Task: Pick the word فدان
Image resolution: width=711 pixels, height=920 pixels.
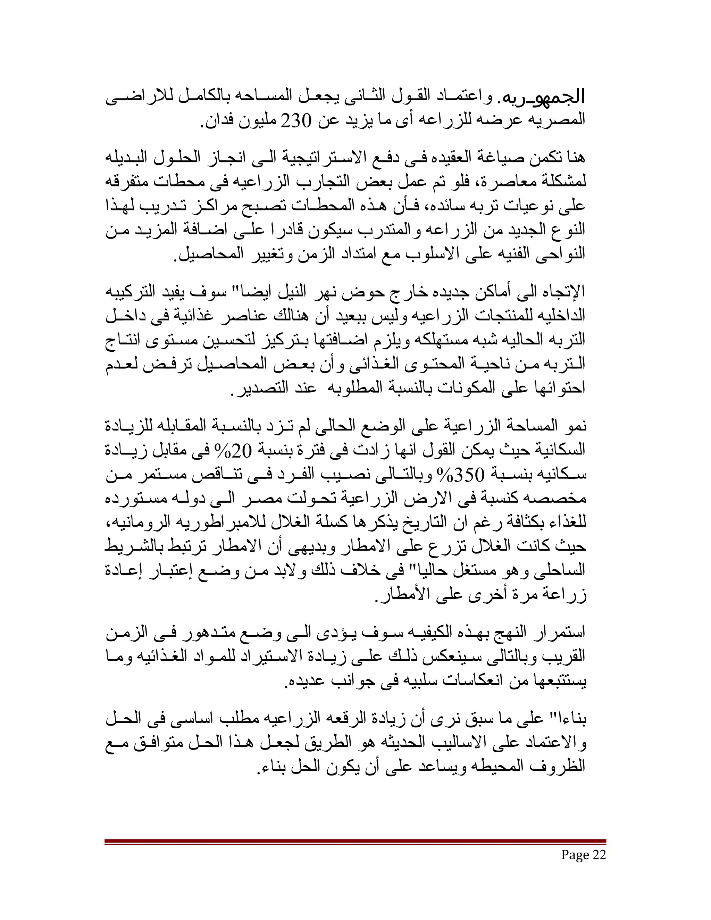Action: [x=217, y=121]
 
